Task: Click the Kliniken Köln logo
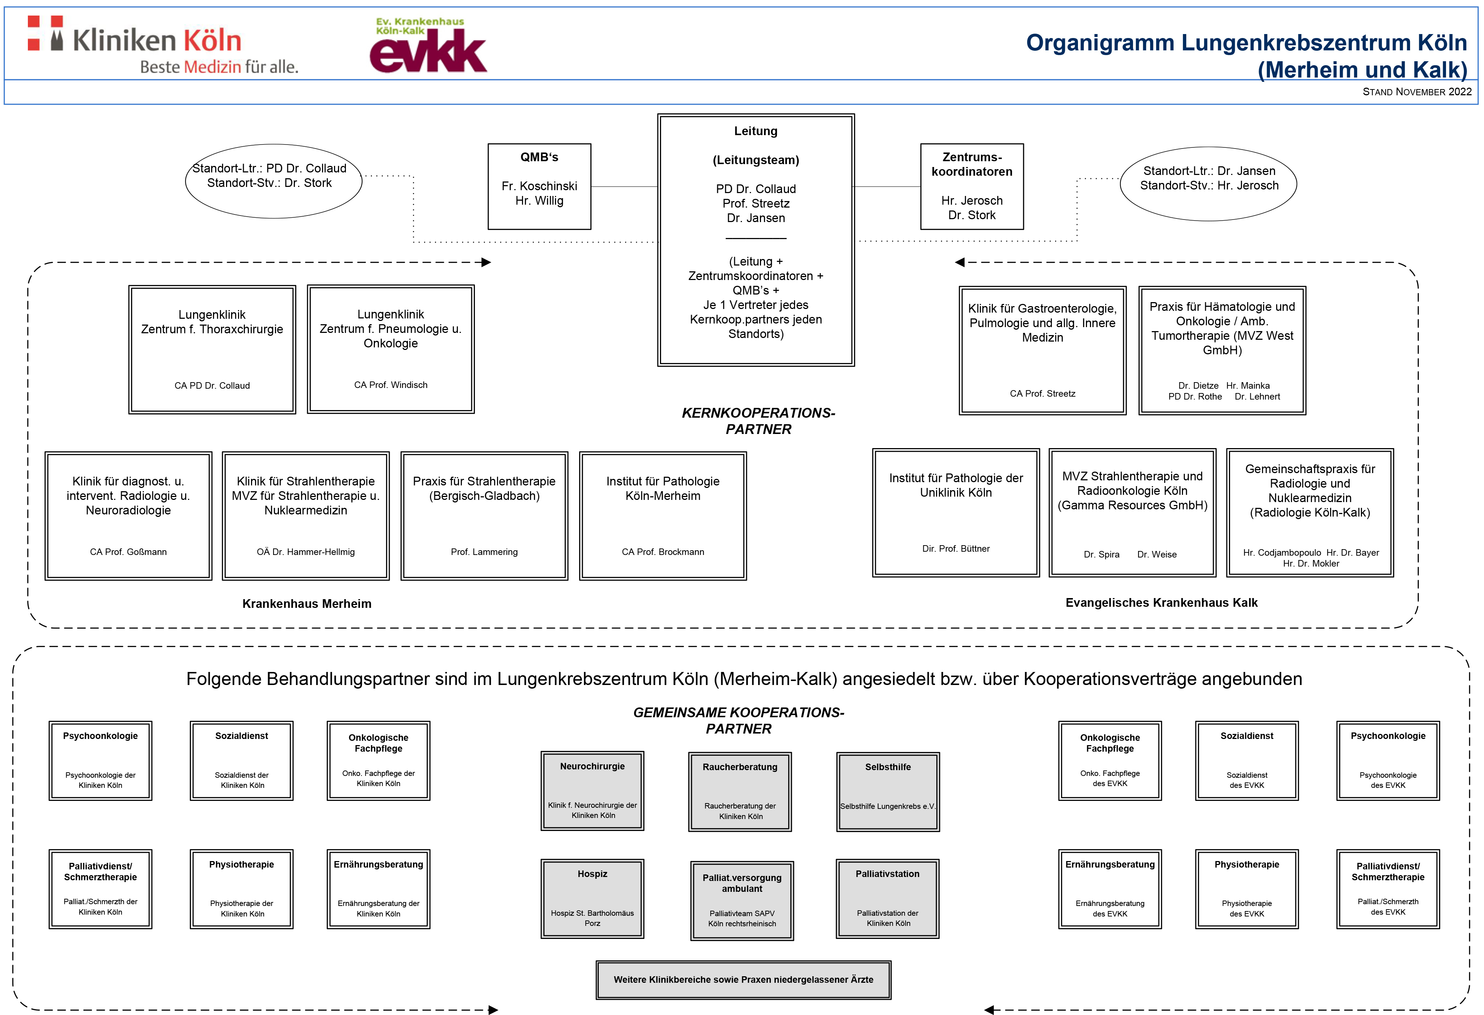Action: (x=163, y=45)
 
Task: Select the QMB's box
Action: (x=540, y=187)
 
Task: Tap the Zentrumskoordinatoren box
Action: (x=972, y=187)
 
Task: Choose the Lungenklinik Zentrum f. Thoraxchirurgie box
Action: (x=212, y=350)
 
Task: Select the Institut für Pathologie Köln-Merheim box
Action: (x=663, y=516)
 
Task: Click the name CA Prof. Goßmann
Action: (x=128, y=552)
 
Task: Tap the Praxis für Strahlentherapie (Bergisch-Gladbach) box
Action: (x=484, y=516)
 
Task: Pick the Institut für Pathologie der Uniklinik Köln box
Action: (x=956, y=513)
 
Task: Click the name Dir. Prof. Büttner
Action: (x=956, y=549)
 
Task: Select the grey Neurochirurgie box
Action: (x=593, y=791)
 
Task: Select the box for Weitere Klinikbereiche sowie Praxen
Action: (x=743, y=980)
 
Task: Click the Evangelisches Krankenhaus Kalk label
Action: (x=1162, y=602)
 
